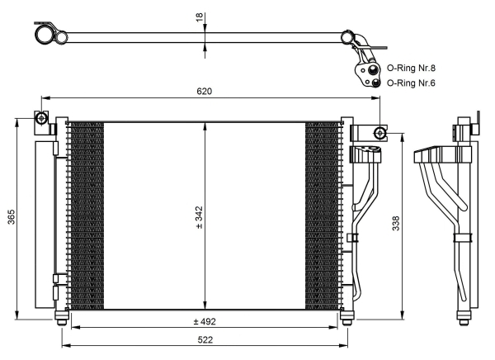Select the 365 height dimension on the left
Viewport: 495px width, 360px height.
click(x=10, y=216)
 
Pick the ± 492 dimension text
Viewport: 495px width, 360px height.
click(x=203, y=320)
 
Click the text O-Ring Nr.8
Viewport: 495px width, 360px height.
click(x=412, y=68)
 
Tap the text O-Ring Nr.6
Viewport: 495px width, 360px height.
click(x=412, y=83)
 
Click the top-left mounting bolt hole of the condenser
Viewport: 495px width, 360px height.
click(x=40, y=119)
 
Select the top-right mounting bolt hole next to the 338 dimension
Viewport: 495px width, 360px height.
click(x=379, y=133)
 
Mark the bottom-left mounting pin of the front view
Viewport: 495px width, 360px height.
click(x=59, y=317)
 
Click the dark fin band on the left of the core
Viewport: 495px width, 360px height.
click(x=85, y=216)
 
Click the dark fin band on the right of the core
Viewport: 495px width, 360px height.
click(x=323, y=216)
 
